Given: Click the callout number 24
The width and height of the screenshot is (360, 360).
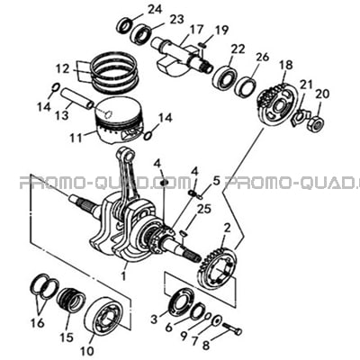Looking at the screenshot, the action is tap(155, 10).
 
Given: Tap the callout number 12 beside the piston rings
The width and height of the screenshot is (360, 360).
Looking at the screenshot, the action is tap(63, 68).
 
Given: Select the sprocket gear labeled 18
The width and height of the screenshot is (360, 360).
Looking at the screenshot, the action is tap(277, 105).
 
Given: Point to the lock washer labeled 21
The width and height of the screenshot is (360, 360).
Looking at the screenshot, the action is tap(298, 117).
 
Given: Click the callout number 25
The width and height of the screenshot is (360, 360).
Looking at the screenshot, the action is tap(203, 209).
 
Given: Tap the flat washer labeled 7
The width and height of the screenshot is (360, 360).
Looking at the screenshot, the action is tap(216, 319).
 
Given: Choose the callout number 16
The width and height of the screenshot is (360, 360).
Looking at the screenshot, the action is tap(38, 323).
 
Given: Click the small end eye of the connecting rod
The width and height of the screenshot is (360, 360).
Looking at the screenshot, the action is tap(128, 155).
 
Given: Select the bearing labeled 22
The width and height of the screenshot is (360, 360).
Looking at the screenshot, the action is tap(224, 77).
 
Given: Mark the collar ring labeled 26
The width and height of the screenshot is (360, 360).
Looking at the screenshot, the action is tap(246, 85).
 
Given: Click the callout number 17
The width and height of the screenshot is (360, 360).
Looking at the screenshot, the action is tap(197, 31).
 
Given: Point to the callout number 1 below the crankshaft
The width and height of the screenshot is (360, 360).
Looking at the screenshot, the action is tap(123, 275).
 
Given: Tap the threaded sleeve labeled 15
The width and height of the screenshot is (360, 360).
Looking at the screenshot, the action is tap(71, 299).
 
